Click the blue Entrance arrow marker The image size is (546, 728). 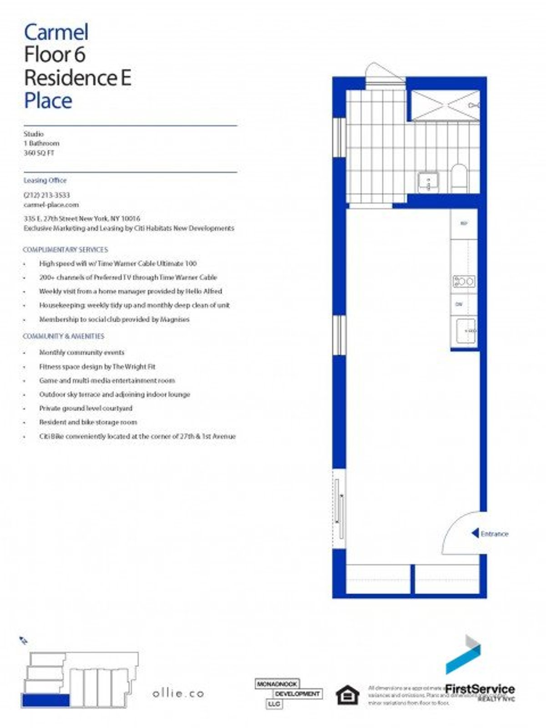tap(475, 533)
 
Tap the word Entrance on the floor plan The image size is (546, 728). tap(495, 534)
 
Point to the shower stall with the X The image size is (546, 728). tap(445, 105)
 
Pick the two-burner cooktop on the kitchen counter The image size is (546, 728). tap(464, 282)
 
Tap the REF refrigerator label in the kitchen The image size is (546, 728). tap(464, 223)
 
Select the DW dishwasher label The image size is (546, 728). tap(459, 304)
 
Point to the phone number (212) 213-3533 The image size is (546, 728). tap(47, 195)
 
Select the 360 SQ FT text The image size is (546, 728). tap(39, 153)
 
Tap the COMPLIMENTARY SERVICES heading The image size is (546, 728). tap(66, 250)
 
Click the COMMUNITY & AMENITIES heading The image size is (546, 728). tap(63, 336)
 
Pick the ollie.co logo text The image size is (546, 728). tap(178, 693)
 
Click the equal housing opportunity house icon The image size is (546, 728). tap(347, 695)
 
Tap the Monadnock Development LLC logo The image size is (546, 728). tap(288, 693)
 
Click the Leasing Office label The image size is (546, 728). tap(45, 181)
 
